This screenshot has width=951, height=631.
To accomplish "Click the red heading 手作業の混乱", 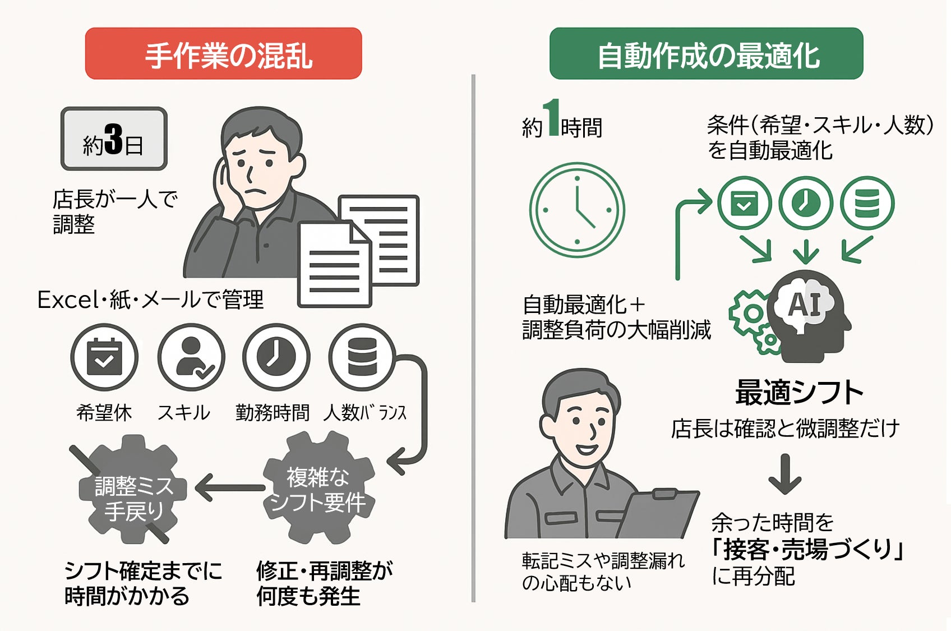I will [x=223, y=54].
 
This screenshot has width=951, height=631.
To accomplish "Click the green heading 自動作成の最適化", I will [x=706, y=54].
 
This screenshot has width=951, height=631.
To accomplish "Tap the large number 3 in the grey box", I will [x=113, y=139].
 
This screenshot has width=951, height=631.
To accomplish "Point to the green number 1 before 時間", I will [x=553, y=118].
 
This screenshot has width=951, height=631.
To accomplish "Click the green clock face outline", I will [x=576, y=210].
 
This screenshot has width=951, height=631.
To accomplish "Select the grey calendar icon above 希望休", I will [x=104, y=357].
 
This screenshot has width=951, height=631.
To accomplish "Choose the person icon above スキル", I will [x=191, y=357].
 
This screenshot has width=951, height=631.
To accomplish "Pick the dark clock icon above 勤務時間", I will [x=276, y=357].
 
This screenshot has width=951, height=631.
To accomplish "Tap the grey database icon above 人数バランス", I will [x=362, y=357].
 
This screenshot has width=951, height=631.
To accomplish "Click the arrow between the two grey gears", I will [x=230, y=487].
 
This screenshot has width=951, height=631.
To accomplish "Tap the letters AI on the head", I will [x=805, y=306].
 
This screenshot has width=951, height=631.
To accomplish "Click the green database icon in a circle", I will [x=867, y=203].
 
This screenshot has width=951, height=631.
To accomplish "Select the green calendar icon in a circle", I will [x=745, y=203].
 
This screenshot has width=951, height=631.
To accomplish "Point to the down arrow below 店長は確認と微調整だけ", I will [x=784, y=474].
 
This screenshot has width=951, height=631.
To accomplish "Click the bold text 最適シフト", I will [x=798, y=392].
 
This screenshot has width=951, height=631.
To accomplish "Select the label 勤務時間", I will [x=273, y=413].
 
